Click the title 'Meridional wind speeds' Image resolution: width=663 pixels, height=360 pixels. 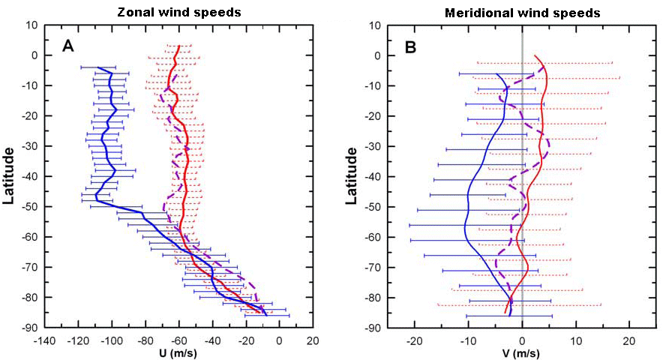coord(512,13)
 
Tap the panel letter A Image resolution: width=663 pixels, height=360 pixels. coord(67,46)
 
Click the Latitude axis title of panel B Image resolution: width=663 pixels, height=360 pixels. coord(349,176)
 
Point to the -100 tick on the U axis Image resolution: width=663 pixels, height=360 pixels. coord(111,340)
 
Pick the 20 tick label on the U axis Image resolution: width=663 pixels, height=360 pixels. coord(313,340)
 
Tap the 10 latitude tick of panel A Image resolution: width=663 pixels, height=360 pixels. coord(35,25)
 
